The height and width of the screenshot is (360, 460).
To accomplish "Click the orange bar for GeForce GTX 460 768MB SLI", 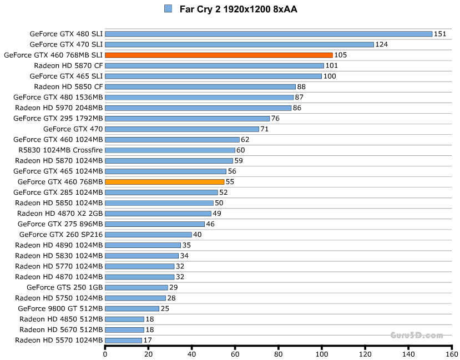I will [219, 55].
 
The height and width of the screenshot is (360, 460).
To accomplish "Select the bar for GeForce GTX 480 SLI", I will [269, 34].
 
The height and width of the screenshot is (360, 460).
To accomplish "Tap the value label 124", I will [381, 44].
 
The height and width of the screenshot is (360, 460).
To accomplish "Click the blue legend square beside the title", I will [168, 9].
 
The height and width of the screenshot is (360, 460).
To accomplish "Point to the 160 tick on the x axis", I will [452, 353].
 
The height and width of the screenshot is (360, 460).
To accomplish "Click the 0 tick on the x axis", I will [105, 353].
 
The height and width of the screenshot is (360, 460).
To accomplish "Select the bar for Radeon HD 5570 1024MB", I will [123, 340].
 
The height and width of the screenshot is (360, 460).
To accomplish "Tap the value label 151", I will [439, 34].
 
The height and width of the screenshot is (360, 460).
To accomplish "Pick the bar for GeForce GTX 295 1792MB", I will [187, 118].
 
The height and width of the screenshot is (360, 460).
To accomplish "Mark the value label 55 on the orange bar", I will [230, 182].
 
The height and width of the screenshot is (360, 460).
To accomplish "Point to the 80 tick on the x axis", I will [279, 353].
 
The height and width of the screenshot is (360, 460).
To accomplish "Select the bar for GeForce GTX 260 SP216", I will [148, 235].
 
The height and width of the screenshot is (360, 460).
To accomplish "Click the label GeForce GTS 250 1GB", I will [64, 287].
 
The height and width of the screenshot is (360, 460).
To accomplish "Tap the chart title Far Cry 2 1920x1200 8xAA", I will [230, 9].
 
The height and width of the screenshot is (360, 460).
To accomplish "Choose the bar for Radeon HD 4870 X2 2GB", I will [158, 214].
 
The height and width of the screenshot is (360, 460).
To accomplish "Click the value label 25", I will [165, 308].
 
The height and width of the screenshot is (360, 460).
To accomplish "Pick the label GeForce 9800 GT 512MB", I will [60, 308].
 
